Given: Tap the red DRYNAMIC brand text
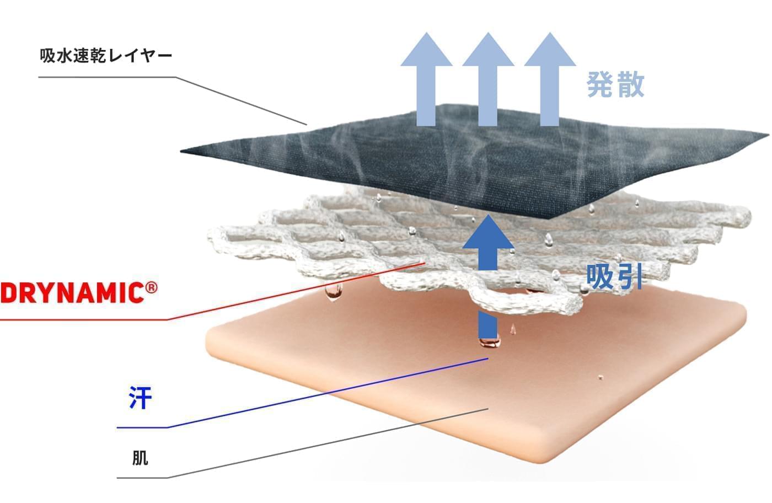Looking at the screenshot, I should (x=72, y=292).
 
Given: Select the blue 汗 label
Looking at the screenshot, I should (x=140, y=398).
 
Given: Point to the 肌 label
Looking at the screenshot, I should (x=140, y=458).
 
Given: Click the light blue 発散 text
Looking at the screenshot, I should (x=615, y=85).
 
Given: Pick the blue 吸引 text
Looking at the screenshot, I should (x=614, y=276).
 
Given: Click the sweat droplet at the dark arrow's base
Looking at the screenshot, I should (x=489, y=343).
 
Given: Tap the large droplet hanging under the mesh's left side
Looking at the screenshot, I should (x=333, y=293).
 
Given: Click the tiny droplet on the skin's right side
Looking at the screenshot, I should (x=601, y=378).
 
